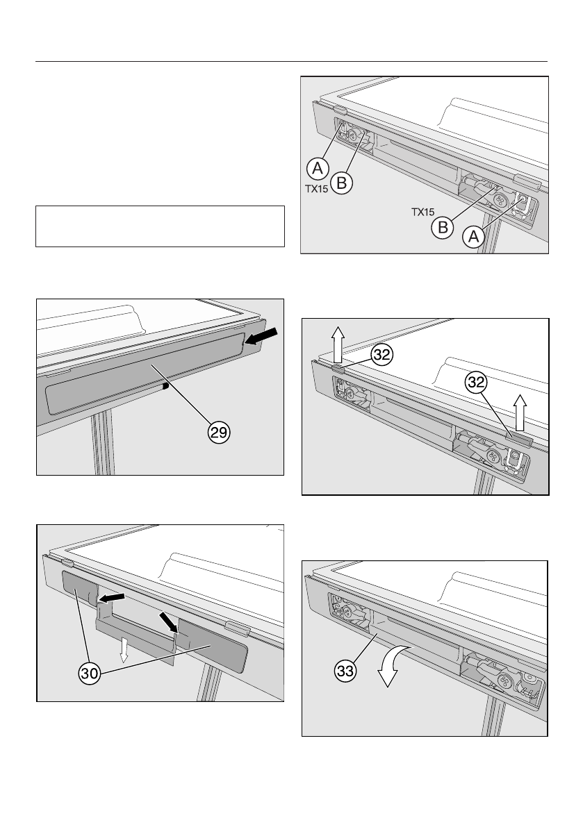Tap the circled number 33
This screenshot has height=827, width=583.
coord(343,671)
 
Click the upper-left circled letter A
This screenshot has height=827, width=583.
coord(317,167)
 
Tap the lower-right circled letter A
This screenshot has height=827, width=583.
coord(473,237)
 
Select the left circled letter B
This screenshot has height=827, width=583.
coord(342,183)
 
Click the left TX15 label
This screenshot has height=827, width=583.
coord(318,187)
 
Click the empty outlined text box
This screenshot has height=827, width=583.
coord(161,226)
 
